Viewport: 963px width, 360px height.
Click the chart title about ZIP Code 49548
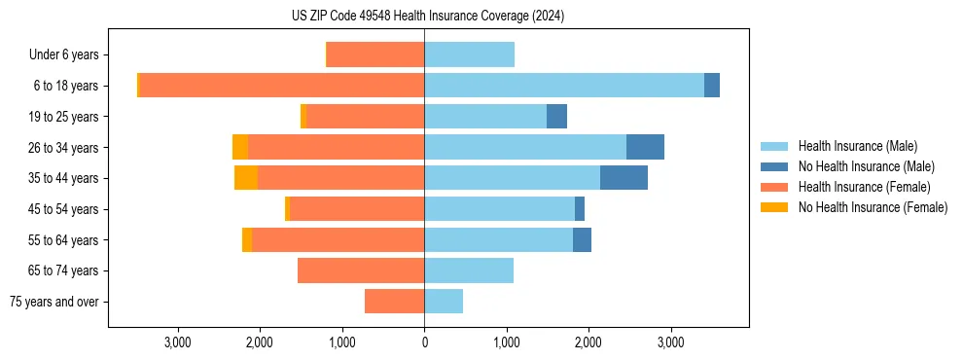click(428, 16)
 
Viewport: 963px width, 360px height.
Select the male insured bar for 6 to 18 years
click(564, 86)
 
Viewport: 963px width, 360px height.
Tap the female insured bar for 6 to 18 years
click(282, 86)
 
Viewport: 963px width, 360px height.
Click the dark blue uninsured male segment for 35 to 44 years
click(624, 178)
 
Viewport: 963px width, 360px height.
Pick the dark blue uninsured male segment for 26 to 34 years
click(645, 147)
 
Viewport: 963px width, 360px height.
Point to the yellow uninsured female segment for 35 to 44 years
click(246, 178)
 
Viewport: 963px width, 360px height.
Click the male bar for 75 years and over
click(444, 302)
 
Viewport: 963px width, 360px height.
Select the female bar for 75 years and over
click(395, 302)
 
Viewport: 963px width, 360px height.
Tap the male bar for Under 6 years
click(469, 54)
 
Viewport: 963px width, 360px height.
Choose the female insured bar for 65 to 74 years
click(361, 270)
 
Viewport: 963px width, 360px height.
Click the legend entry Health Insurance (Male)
click(857, 146)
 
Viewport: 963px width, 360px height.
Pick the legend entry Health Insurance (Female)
click(864, 187)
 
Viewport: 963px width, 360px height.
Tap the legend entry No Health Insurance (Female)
click(873, 207)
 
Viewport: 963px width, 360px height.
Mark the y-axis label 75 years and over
click(54, 302)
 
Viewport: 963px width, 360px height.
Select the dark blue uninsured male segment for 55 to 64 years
click(582, 239)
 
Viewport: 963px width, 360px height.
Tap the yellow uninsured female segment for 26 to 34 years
click(240, 147)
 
